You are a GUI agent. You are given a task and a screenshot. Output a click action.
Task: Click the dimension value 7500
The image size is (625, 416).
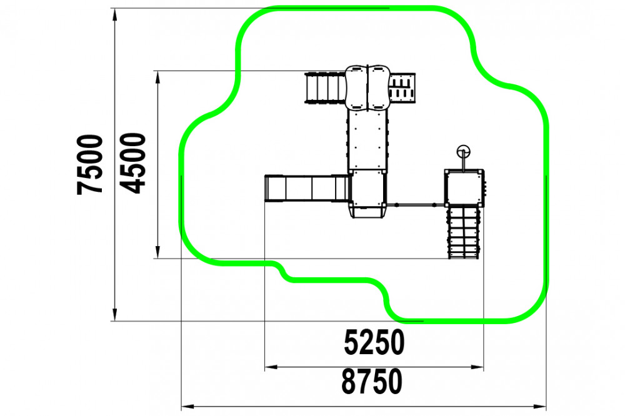[89, 164]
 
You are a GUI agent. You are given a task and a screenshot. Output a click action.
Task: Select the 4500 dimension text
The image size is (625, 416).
[133, 163]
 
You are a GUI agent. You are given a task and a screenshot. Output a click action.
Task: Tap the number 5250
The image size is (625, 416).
[374, 342]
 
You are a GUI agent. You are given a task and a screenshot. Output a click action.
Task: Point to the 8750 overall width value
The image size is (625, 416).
[371, 381]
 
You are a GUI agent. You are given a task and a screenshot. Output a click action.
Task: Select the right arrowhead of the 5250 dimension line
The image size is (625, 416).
[477, 367]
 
